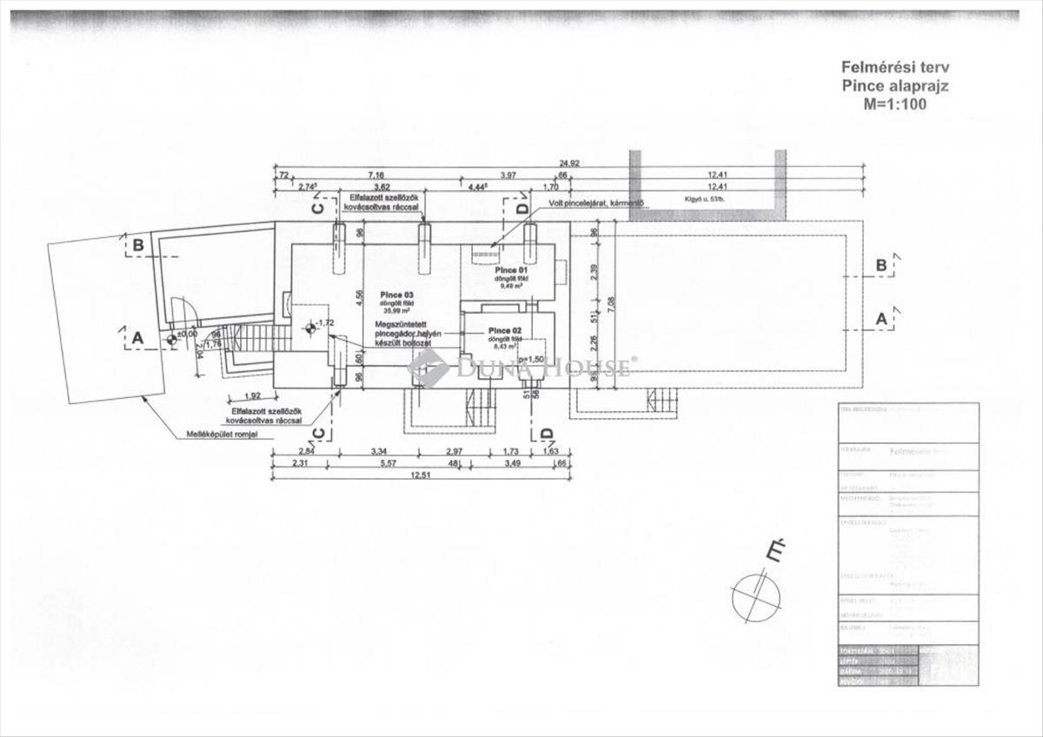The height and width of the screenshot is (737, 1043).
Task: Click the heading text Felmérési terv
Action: pyautogui.click(x=881, y=67)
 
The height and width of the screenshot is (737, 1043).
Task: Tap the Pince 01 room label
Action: pyautogui.click(x=512, y=271)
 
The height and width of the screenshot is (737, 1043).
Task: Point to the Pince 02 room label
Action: pyautogui.click(x=505, y=331)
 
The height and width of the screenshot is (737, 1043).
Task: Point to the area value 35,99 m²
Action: pyautogui.click(x=397, y=311)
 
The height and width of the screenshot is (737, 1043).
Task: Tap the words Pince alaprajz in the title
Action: pyautogui.click(x=881, y=85)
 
